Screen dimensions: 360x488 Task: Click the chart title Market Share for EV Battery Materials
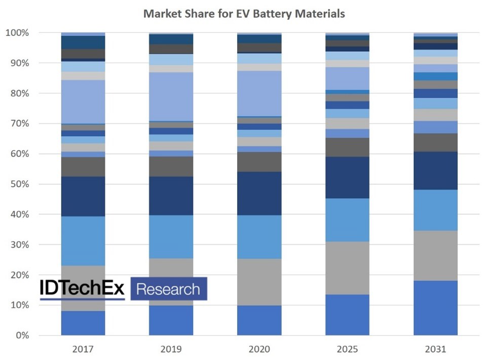tap(244, 14)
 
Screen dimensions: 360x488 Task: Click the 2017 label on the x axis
tap(83, 349)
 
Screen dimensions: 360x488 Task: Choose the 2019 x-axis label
tap(171, 349)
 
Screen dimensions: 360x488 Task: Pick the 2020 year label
tap(259, 349)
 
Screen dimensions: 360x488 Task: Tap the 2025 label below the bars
tap(347, 349)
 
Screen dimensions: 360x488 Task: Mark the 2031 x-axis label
tap(435, 349)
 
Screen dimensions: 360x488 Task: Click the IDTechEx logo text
tap(82, 289)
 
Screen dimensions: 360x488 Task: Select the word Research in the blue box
tap(168, 289)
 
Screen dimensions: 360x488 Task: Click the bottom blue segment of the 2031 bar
tap(435, 308)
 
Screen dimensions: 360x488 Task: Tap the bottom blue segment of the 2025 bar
tap(347, 315)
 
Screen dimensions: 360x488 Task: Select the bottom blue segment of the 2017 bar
tap(83, 323)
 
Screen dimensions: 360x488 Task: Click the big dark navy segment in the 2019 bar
tap(171, 196)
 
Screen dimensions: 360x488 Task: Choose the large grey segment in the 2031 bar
tap(435, 256)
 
